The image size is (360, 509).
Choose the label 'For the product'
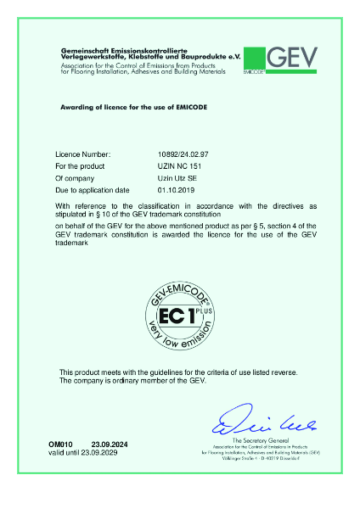(x=79, y=167)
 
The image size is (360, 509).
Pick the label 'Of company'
(x=74, y=179)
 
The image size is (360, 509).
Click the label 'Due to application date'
(x=92, y=191)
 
